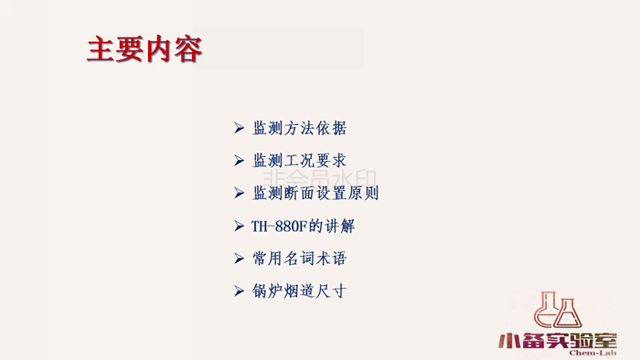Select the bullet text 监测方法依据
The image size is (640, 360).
coord(299,128)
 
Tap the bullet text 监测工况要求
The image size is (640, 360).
coord(299,161)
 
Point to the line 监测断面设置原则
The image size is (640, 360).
coord(315,193)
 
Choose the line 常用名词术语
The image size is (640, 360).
coord(299,259)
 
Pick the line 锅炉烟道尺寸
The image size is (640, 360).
coord(299,291)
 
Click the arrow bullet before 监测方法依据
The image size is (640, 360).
coord(239,128)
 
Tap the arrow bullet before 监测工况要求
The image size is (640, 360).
coord(239,161)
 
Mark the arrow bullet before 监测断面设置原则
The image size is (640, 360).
coord(239,193)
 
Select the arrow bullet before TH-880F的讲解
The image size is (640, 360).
coord(239,226)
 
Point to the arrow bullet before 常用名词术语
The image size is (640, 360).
coord(239,259)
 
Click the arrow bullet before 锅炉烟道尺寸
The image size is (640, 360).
coord(239,291)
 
